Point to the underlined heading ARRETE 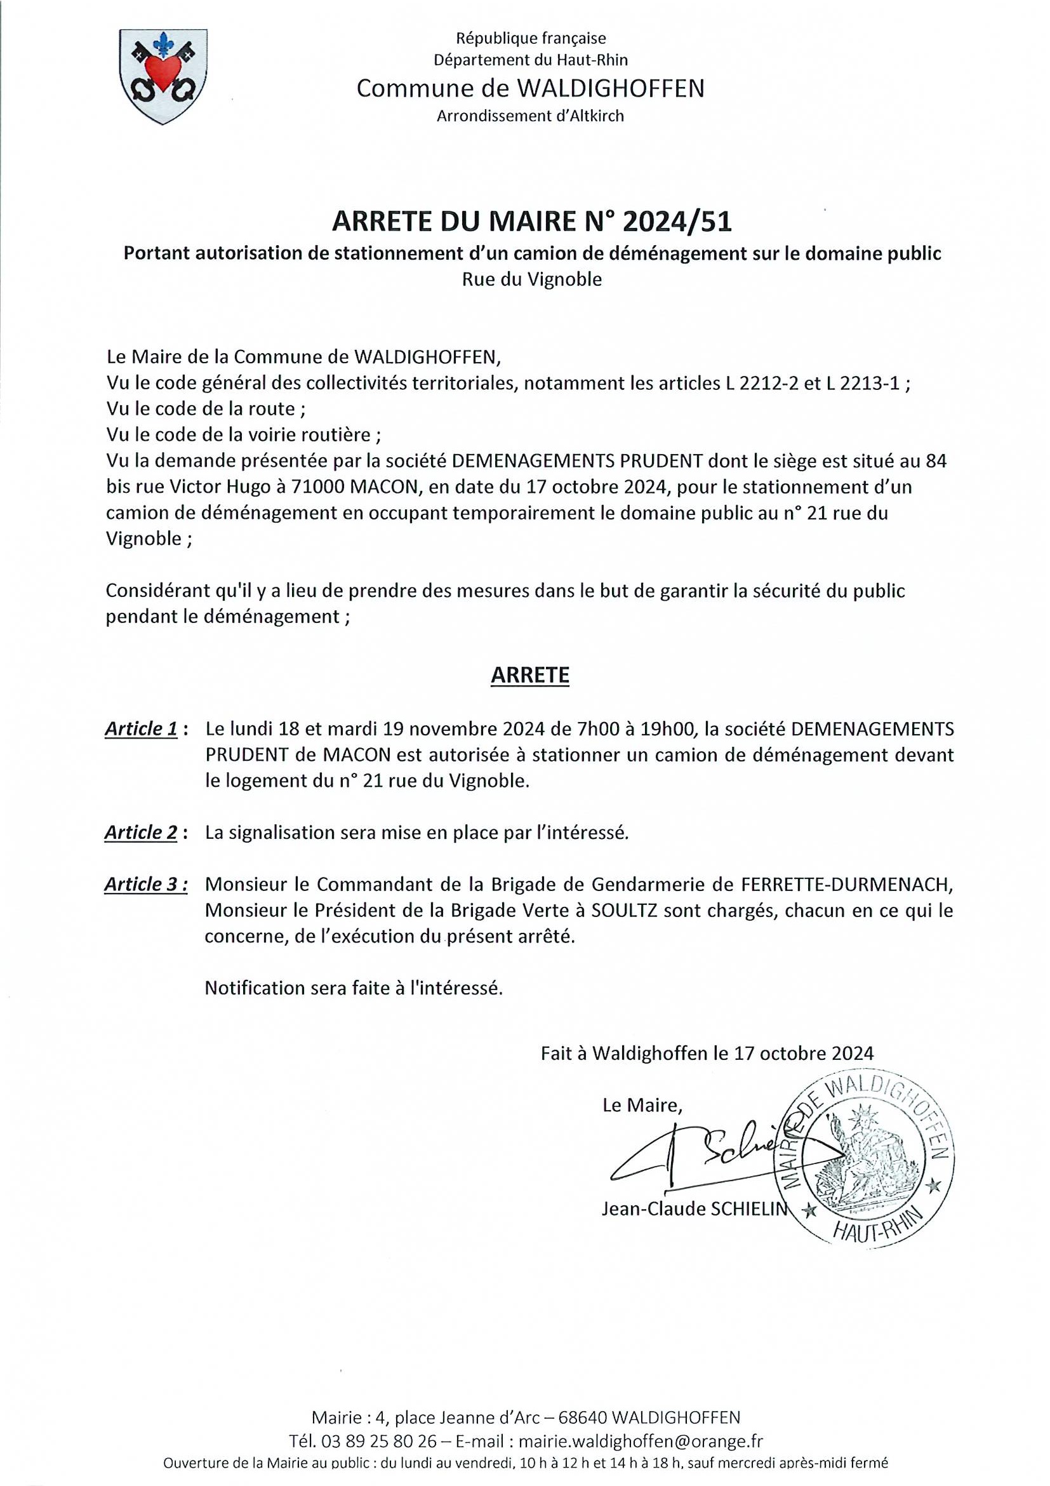(x=530, y=675)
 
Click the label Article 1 (x=141, y=730)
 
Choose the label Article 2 (x=141, y=833)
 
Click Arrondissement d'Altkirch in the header (x=530, y=116)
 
